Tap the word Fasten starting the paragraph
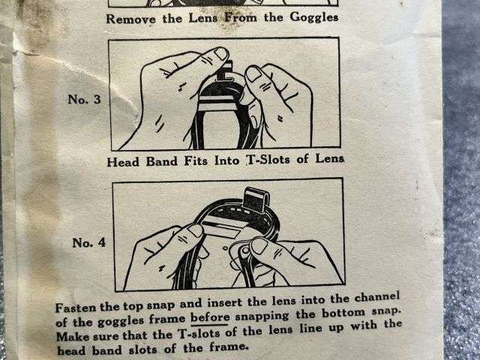[x=76, y=308]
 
